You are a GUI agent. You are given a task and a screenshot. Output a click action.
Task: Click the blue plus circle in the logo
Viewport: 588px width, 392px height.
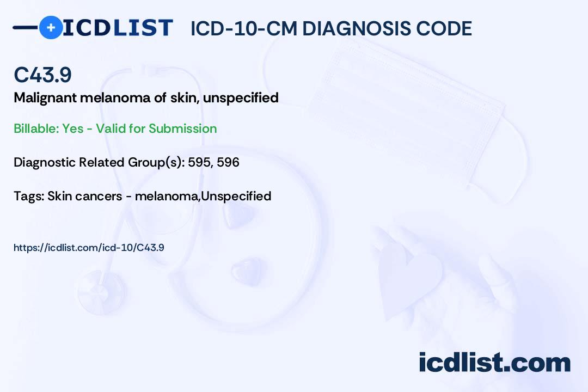coord(51,27)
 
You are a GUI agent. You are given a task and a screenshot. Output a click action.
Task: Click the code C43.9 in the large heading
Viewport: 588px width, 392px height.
coord(43,75)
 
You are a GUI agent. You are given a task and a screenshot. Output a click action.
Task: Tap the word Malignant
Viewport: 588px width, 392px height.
coord(45,98)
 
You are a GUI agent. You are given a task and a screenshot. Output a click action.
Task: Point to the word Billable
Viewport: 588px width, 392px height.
coord(36,128)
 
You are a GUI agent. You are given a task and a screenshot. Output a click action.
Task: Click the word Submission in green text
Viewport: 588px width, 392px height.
coord(182,128)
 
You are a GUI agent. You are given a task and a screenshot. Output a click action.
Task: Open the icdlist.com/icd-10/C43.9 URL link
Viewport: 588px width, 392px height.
coord(89,248)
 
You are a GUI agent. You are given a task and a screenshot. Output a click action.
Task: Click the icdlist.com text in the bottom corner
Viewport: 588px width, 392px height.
coord(494,363)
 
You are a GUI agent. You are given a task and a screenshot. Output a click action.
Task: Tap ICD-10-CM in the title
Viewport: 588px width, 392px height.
coord(244,28)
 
